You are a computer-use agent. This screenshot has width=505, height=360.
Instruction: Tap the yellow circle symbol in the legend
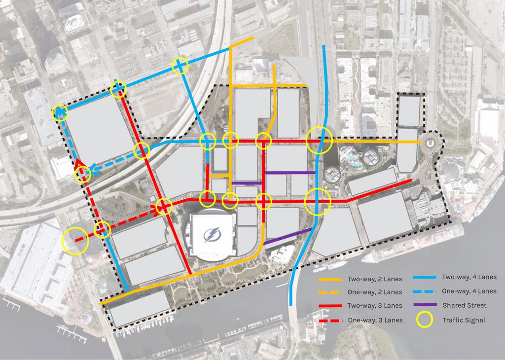coord(425,320)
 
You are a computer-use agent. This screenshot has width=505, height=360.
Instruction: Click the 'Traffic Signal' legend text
coord(463,320)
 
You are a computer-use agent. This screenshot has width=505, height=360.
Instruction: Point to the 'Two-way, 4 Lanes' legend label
coord(469,277)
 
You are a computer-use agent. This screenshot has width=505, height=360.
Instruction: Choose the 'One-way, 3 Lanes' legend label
coord(375,320)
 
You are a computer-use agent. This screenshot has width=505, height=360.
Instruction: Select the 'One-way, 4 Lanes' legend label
coord(469,291)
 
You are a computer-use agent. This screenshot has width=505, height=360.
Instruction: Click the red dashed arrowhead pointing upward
coord(78,164)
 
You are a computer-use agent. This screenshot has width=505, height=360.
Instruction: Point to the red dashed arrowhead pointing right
coord(154,209)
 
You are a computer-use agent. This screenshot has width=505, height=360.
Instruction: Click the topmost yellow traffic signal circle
coord(180,66)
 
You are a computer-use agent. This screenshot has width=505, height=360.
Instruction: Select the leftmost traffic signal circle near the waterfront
coord(75,240)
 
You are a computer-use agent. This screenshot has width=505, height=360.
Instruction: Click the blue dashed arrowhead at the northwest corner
coord(60,112)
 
